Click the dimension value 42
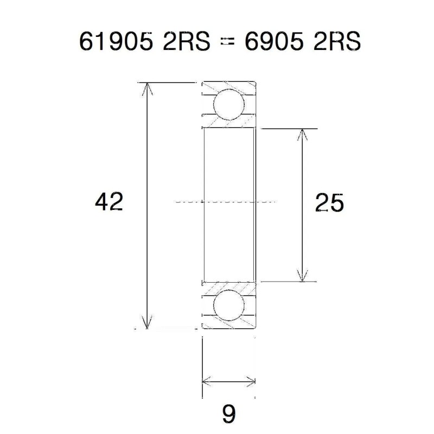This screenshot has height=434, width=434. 108,202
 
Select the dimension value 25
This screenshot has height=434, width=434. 329,203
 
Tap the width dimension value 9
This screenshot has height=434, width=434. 229,415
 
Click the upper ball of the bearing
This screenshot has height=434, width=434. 228,105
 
